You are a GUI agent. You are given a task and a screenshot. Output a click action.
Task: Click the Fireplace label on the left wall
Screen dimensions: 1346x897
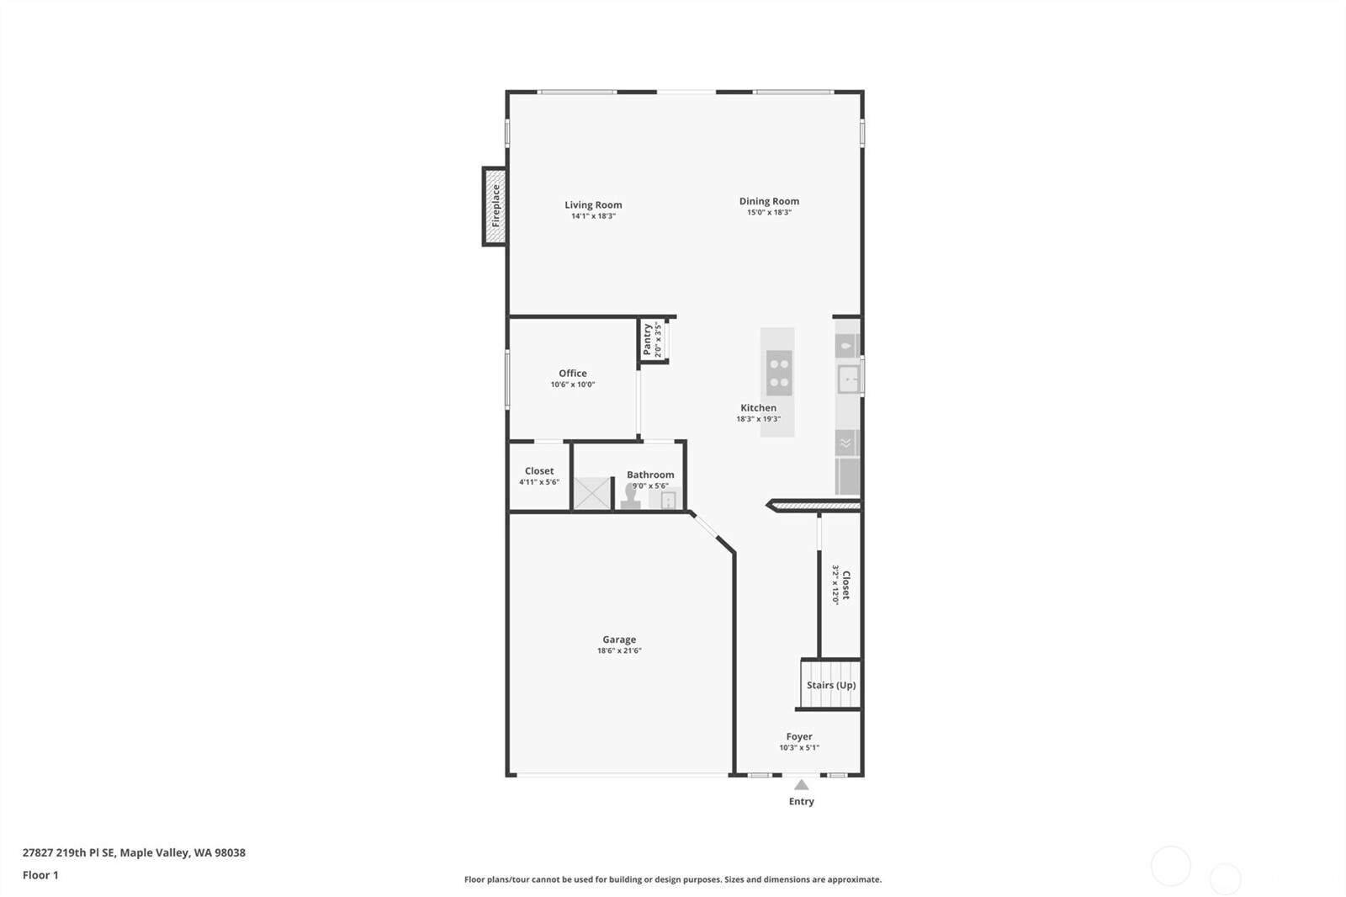pos(495,205)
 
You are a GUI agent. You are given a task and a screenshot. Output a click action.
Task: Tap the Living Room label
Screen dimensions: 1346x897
pos(593,205)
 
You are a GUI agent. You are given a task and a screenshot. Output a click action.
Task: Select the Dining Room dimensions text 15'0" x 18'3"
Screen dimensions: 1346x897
pos(769,212)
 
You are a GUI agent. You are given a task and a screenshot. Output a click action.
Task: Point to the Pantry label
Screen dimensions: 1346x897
pos(647,339)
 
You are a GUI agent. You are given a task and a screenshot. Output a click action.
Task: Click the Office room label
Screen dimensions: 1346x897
pos(573,374)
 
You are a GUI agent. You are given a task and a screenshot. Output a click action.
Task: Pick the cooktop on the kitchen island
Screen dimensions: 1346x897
pos(779,374)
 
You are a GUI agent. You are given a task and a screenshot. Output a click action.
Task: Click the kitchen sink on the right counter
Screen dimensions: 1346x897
pos(849,379)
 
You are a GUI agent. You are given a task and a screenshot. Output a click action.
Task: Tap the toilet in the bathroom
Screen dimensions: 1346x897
pos(630,496)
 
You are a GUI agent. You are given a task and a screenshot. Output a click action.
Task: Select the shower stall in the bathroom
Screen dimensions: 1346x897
pos(592,493)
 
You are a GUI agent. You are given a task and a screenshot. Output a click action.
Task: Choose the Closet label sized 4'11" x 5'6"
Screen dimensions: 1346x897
pos(539,471)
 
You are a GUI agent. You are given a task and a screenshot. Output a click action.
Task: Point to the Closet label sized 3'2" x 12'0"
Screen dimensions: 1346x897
pos(846,585)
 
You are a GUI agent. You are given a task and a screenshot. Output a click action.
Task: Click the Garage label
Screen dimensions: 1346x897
pos(619,640)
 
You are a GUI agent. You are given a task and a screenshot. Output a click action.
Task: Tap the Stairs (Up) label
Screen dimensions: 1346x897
pos(831,686)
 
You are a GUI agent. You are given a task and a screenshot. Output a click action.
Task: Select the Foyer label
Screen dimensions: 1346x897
pos(799,736)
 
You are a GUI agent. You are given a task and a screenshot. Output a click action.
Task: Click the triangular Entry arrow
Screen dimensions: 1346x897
pos(802,784)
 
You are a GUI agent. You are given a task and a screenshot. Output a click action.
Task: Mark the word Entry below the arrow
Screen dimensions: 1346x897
pos(802,801)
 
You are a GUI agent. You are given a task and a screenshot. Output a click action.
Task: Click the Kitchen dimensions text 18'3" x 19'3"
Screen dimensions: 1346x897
pos(758,419)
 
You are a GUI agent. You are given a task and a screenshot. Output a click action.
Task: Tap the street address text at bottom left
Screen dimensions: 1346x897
pos(134,852)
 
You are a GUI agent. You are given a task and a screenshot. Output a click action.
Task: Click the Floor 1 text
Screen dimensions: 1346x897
pos(41,875)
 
